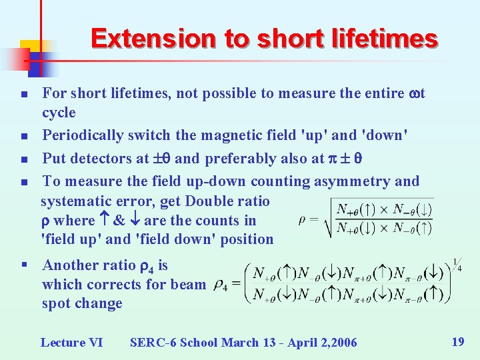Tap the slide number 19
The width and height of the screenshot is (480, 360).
pyautogui.click(x=457, y=342)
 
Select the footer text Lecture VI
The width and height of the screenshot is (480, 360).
pyautogui.click(x=71, y=343)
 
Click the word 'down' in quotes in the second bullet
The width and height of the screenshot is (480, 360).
pyautogui.click(x=384, y=135)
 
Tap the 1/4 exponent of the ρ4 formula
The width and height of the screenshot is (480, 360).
pyautogui.click(x=457, y=265)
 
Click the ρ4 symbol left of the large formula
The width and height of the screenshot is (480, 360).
pyautogui.click(x=221, y=285)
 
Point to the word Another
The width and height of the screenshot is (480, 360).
pyautogui.click(x=69, y=265)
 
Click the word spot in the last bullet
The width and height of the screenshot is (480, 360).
pyautogui.click(x=55, y=303)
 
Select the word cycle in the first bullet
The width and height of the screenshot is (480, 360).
pyautogui.click(x=59, y=113)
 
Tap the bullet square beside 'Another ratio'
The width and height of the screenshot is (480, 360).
pyautogui.click(x=24, y=266)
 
